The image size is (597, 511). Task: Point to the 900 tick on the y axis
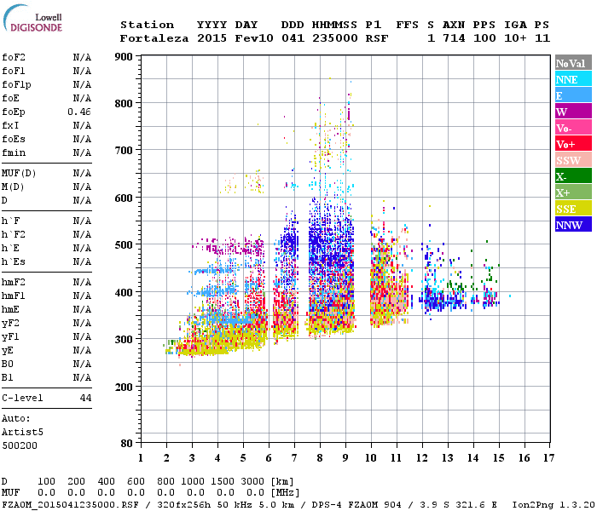(124, 57)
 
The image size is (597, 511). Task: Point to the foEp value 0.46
(79, 112)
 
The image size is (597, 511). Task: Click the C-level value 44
(85, 398)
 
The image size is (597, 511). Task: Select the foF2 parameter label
(13, 57)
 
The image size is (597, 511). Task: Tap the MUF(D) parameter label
(17, 173)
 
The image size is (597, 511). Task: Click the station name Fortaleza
(154, 38)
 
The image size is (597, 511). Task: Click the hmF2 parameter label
(13, 282)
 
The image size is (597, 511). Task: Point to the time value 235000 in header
(335, 38)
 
